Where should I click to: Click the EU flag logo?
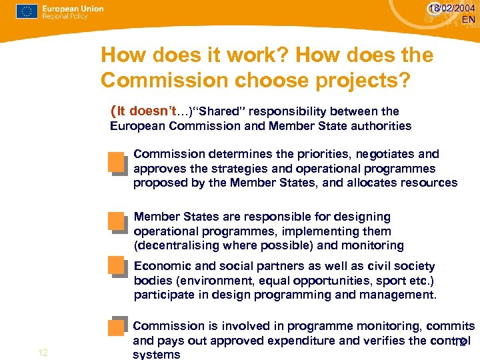coord(27,11)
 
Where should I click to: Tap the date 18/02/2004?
coord(453,8)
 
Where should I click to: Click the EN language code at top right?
coord(468,20)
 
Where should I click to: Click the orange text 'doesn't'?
coord(159,111)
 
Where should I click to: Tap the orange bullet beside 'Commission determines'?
coord(117,163)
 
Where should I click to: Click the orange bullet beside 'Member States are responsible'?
coord(117,223)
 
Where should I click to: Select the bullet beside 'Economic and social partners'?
coord(117,269)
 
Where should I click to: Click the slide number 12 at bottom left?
coord(43,353)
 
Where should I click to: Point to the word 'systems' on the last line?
coord(157,355)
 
